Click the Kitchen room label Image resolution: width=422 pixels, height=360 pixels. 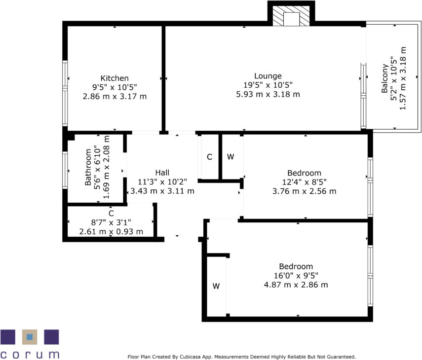coord(115,78)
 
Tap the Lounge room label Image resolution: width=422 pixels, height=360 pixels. coord(268,76)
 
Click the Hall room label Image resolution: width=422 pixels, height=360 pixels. coord(162,173)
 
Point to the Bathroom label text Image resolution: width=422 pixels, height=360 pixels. coord(88,167)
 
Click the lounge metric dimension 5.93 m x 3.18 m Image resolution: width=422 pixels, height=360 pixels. coord(268,94)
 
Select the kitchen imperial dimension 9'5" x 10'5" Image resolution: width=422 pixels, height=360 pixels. coord(115,87)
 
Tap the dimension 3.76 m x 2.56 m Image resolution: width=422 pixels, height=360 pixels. coord(304,191)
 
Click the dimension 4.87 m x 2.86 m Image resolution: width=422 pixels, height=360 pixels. coord(296,285)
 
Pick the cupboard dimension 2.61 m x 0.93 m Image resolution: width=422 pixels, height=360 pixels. coord(111,231)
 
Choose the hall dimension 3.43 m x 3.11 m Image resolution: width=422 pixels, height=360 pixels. coord(162,191)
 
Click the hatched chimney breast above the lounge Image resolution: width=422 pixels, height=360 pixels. coord(291,18)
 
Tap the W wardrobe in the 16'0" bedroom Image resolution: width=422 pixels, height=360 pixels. coord(216,286)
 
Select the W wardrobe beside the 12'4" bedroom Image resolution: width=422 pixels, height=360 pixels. coord(230,157)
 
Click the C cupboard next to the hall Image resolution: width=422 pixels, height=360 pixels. coord(209,157)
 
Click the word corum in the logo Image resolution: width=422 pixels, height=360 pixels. coord(30,354)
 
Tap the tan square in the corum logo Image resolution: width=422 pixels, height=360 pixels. coord(30,337)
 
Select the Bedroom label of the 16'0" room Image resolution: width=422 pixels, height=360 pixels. coord(296,266)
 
